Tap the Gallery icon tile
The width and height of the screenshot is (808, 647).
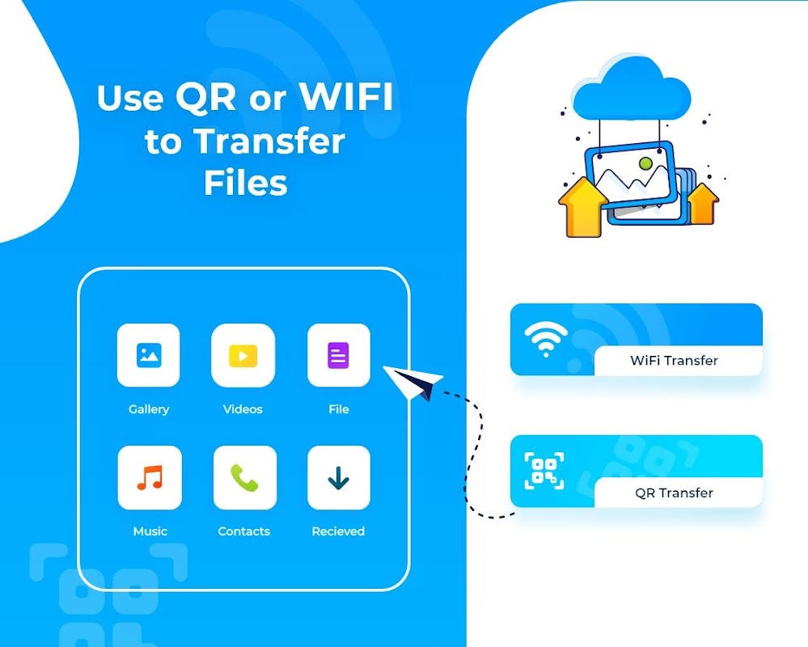(x=148, y=355)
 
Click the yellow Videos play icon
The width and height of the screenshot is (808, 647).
(x=243, y=355)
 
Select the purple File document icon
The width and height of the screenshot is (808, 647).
(x=338, y=355)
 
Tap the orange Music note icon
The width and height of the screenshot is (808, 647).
(x=150, y=477)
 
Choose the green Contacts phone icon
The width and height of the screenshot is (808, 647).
(x=244, y=477)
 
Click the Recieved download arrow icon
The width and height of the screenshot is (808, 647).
(x=339, y=477)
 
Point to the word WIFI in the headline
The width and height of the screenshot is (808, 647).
(x=346, y=96)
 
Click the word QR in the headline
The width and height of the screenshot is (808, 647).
(x=205, y=97)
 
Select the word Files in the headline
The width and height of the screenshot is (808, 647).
(x=246, y=183)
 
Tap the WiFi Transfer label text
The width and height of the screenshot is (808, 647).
(x=674, y=361)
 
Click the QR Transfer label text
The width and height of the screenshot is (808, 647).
(x=674, y=493)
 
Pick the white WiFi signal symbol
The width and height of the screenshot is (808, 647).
(x=546, y=339)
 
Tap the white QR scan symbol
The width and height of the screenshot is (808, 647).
(x=544, y=471)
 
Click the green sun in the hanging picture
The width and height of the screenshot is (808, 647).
(x=645, y=164)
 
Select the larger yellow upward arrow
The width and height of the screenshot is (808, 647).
(x=583, y=207)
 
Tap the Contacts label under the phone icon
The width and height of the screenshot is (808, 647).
(x=243, y=531)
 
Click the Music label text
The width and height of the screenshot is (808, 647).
(x=150, y=531)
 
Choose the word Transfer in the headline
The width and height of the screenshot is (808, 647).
(x=269, y=141)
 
